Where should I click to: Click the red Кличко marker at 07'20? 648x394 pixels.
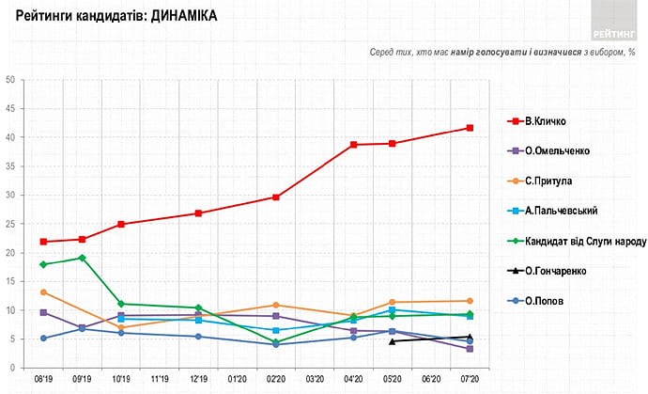470,128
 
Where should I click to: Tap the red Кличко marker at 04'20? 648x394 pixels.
353,145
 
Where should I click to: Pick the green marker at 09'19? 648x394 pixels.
83,258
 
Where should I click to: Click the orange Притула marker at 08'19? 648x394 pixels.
43,292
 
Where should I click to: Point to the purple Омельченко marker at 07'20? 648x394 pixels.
470,349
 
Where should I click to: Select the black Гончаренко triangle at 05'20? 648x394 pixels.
392,341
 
